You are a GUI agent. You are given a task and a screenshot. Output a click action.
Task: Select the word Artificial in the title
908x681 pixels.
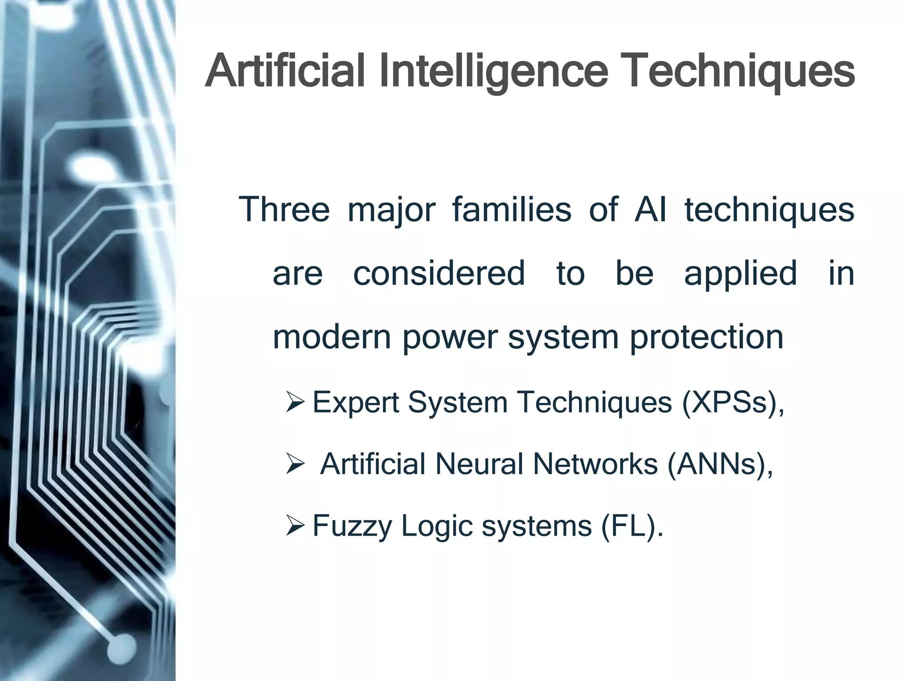pos(285,71)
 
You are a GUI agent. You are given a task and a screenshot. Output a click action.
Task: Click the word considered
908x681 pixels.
pos(439,273)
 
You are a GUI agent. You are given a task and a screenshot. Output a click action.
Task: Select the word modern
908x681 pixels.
pos(332,337)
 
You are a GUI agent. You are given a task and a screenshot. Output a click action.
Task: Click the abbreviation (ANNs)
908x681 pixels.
pos(720,464)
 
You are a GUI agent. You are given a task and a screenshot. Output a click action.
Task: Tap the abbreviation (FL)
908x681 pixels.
pos(631,526)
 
